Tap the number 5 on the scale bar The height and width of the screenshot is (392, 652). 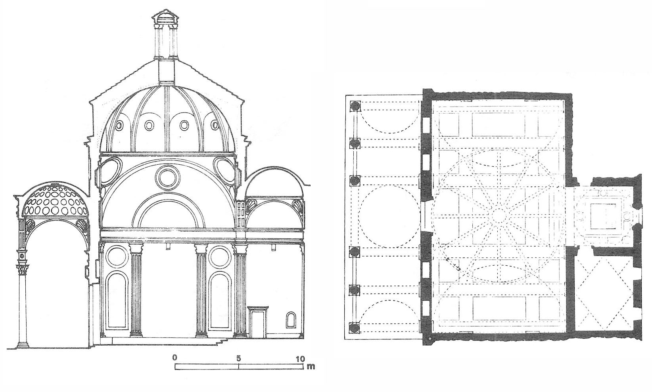click(239, 358)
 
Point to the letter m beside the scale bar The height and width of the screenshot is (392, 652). click(311, 366)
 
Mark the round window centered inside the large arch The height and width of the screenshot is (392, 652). click(167, 177)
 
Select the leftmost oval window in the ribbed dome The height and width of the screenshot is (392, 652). click(119, 126)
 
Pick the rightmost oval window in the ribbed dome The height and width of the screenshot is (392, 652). click(215, 126)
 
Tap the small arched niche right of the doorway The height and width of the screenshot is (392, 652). click(290, 320)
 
